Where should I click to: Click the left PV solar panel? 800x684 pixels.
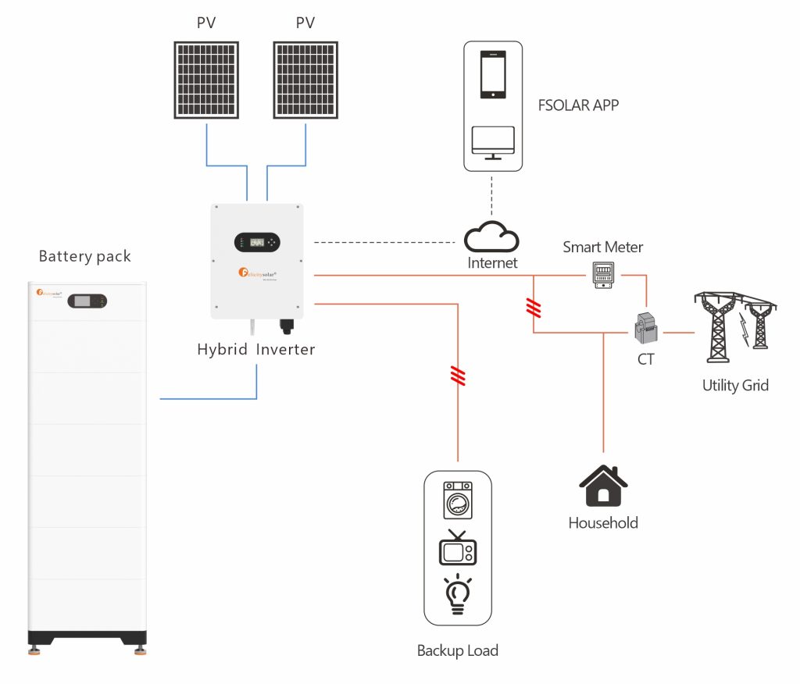[x=205, y=80]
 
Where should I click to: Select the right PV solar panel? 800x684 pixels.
[x=305, y=80]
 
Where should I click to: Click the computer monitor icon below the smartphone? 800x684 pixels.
[x=492, y=143]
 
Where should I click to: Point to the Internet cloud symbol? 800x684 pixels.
[x=491, y=237]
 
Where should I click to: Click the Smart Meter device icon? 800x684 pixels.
[x=602, y=275]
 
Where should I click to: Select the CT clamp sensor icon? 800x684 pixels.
[x=647, y=327]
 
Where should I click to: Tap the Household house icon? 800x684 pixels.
[x=603, y=487]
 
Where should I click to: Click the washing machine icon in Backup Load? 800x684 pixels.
[x=458, y=500]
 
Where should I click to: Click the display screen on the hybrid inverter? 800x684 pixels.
[x=256, y=242]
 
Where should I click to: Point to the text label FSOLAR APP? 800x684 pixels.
[x=579, y=105]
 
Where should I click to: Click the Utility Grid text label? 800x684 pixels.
[x=735, y=385]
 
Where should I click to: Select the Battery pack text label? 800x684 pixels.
[x=85, y=256]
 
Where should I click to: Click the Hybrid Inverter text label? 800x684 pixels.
[x=256, y=349]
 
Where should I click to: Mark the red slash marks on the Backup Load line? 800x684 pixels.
[x=458, y=377]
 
